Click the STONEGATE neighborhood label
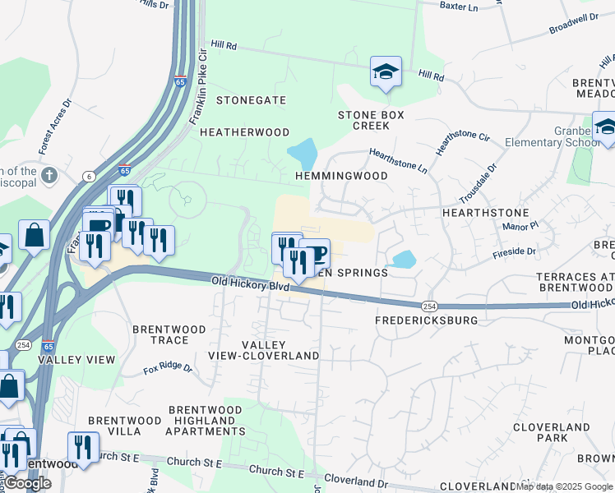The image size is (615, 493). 251,100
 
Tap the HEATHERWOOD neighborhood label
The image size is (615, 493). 244,132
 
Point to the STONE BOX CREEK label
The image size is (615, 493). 371,121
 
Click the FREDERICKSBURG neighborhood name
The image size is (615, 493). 426,320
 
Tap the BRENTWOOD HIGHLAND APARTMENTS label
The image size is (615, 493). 206,420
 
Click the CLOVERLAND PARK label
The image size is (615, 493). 551,432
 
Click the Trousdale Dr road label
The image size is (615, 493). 478,184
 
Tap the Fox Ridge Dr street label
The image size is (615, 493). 168,369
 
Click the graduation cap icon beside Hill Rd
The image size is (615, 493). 386,72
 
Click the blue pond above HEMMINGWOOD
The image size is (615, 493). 302,153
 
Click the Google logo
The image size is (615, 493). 27,483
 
